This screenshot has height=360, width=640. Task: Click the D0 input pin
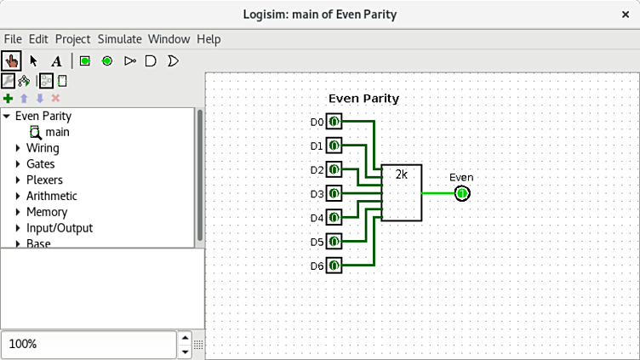tap(334, 122)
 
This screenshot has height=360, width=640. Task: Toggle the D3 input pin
tap(334, 194)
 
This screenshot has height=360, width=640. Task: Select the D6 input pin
tap(334, 266)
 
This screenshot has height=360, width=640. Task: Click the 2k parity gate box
tap(401, 192)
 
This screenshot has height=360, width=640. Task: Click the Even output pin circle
tap(461, 193)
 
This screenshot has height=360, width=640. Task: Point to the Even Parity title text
tap(363, 99)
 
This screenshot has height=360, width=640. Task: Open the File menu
tap(13, 39)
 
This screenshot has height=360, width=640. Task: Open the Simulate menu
tap(119, 39)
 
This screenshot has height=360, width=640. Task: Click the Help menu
tap(209, 39)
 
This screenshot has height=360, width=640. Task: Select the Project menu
tap(72, 39)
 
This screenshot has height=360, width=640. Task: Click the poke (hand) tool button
tap(11, 60)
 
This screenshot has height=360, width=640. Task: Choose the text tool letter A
tap(56, 60)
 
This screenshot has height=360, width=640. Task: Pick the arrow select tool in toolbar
tap(34, 60)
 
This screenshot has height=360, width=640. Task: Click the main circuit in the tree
tap(57, 132)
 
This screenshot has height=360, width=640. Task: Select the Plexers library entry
tap(44, 180)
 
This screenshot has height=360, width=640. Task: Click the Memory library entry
tap(46, 212)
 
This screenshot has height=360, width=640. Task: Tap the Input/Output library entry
tap(60, 228)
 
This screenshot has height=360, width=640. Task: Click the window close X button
tap(626, 14)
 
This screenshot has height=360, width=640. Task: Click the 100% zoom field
tap(85, 344)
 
